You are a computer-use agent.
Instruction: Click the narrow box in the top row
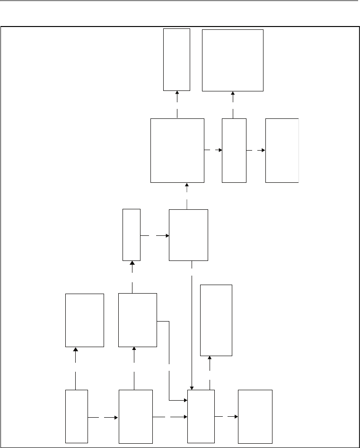(x=176, y=59)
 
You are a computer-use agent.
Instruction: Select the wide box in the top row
(x=232, y=60)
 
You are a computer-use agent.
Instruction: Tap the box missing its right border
(x=282, y=150)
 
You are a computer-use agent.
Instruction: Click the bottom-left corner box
(x=77, y=416)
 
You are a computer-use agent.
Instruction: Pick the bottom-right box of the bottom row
(x=255, y=416)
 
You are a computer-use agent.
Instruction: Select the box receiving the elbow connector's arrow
(x=201, y=416)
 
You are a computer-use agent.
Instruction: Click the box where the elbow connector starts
(x=138, y=320)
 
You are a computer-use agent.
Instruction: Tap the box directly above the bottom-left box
(x=85, y=320)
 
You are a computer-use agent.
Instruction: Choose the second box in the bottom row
(x=135, y=416)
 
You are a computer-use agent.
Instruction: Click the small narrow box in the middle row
(x=132, y=234)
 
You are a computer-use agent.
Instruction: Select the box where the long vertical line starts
(x=188, y=234)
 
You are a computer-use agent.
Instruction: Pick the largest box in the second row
(x=177, y=150)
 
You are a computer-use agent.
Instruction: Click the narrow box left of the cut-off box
(x=234, y=150)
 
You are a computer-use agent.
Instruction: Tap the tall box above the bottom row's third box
(x=216, y=320)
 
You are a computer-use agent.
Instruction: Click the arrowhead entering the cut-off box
(x=263, y=151)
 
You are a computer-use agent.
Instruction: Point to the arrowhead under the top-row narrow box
(x=177, y=93)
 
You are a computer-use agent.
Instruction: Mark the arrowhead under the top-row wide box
(x=233, y=93)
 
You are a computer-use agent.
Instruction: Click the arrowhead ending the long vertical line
(x=192, y=387)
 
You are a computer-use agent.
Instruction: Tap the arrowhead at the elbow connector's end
(x=185, y=401)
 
